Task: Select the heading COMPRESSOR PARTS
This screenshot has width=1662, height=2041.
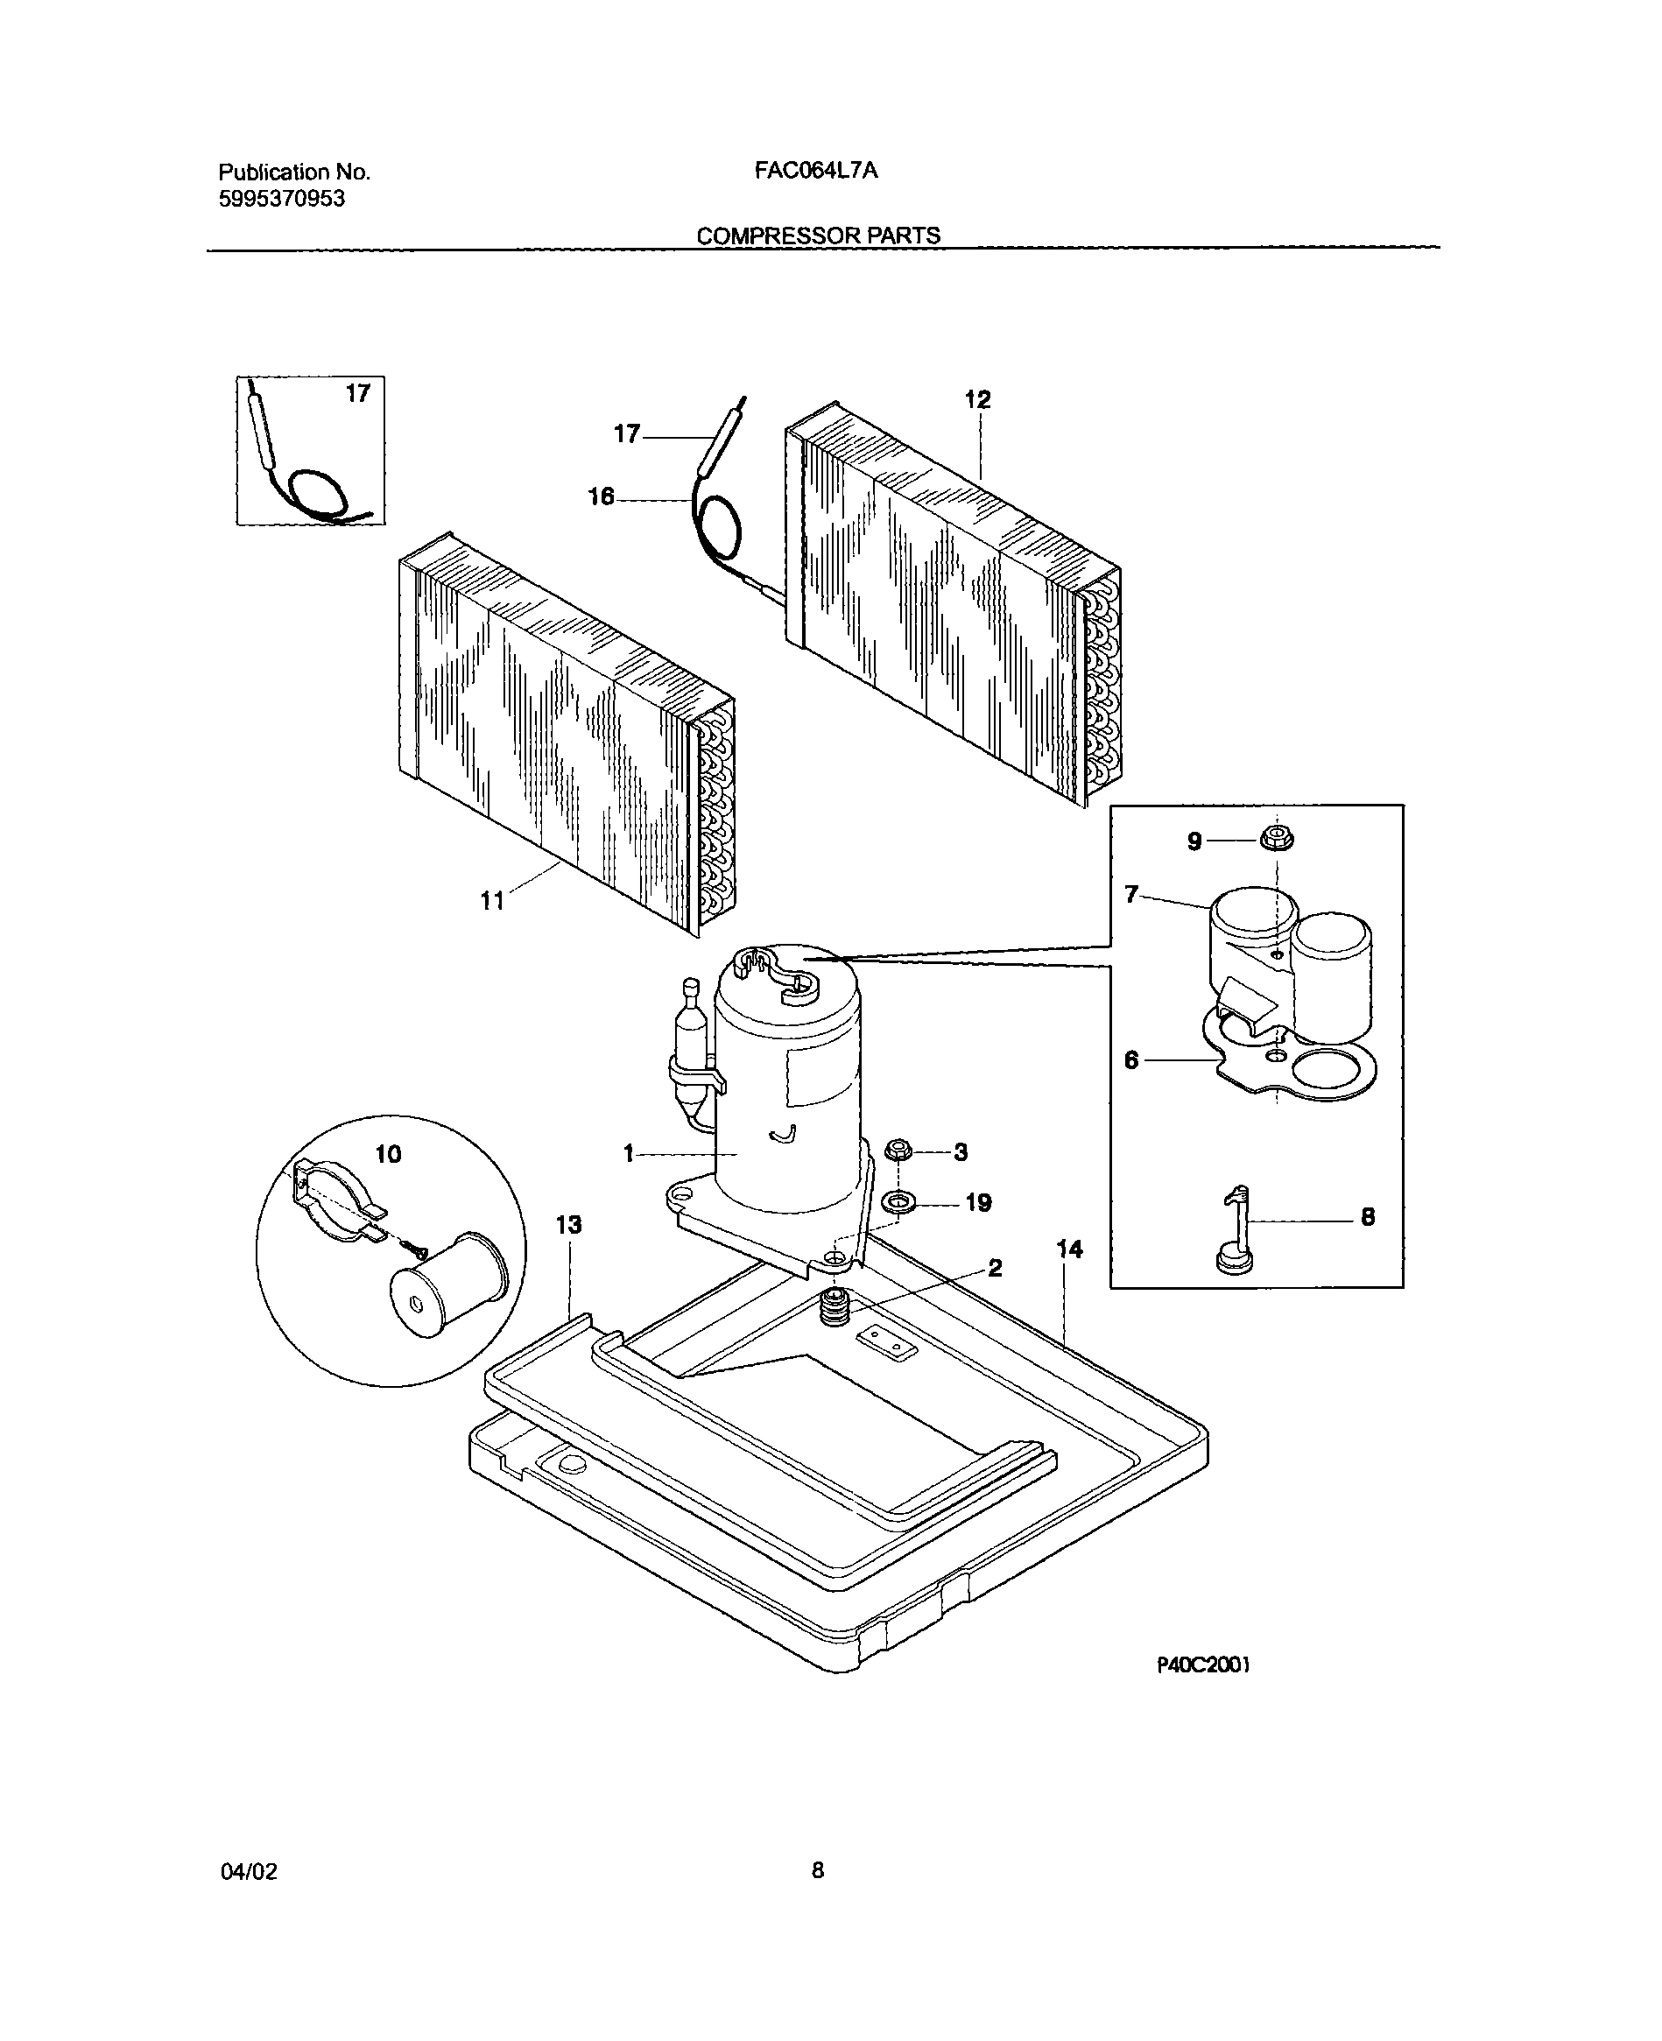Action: [x=818, y=236]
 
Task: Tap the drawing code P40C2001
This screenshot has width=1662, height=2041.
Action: [x=1202, y=1664]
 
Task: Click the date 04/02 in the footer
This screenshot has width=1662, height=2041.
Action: [x=249, y=1871]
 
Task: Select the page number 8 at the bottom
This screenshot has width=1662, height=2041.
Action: [x=818, y=1870]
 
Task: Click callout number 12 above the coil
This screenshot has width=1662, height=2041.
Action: [x=977, y=399]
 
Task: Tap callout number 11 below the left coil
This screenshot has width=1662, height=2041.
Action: [x=492, y=901]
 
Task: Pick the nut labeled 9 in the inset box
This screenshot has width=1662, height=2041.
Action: [x=1277, y=840]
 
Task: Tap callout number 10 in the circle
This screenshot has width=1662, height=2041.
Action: [x=388, y=1155]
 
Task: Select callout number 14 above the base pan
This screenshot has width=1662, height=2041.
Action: [x=1069, y=1249]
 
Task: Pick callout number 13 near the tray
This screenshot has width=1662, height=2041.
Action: [x=568, y=1224]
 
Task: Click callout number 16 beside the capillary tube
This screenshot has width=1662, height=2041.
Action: [x=601, y=496]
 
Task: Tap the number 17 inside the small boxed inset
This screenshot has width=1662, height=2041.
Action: [x=357, y=393]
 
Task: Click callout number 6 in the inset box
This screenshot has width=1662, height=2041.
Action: [x=1131, y=1060]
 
